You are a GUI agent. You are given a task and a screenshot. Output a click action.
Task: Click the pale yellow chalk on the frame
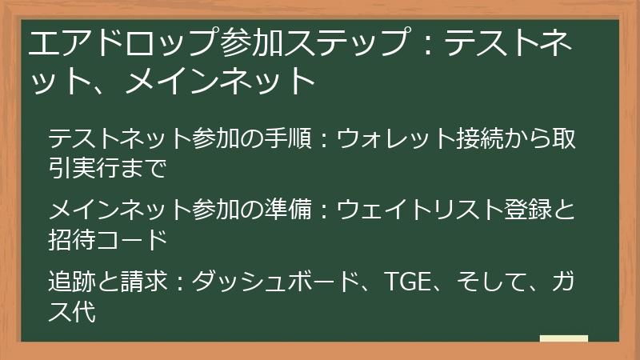[x=563, y=338]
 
